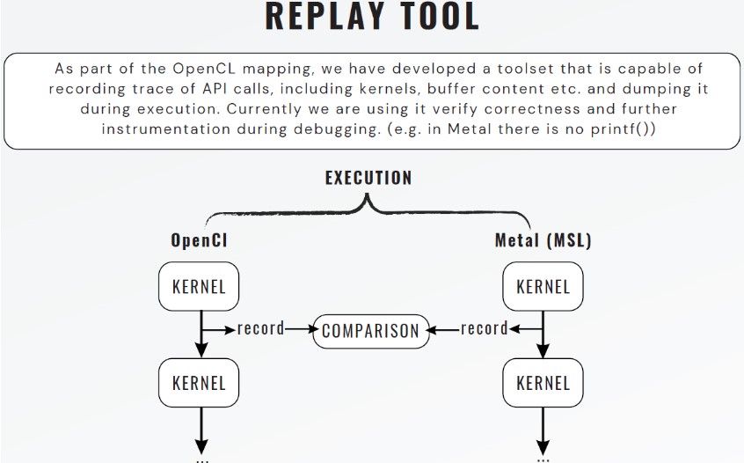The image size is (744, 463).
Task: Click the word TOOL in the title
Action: click(434, 17)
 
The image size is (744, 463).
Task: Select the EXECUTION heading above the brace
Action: click(368, 178)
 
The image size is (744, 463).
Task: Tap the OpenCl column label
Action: click(199, 240)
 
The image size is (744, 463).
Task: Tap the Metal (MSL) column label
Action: click(543, 240)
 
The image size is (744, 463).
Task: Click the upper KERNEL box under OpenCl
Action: click(199, 286)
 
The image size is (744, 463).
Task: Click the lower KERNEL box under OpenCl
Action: click(199, 383)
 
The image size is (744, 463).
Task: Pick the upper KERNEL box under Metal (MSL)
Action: click(543, 286)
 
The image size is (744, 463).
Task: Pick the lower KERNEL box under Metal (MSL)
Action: click(543, 383)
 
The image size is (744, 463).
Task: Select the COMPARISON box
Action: click(372, 331)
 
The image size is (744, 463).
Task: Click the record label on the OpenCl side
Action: click(261, 329)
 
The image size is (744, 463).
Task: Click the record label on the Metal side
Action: click(485, 329)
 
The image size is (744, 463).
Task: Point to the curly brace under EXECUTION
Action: click(368, 208)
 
